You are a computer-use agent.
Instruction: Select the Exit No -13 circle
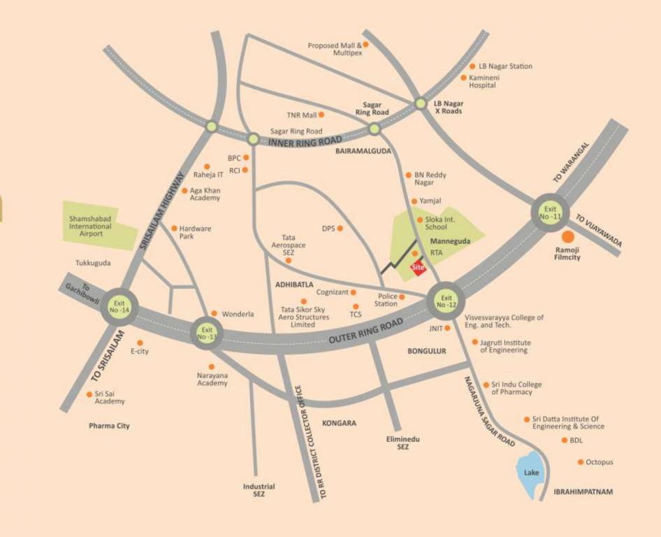(x=207, y=333)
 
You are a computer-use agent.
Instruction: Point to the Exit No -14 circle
(x=120, y=308)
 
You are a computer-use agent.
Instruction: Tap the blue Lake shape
(x=532, y=475)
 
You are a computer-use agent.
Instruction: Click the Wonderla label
(x=238, y=315)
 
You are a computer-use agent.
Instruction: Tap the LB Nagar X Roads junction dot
(x=421, y=103)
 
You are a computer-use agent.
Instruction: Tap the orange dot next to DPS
(x=341, y=228)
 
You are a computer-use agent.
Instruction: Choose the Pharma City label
(x=109, y=426)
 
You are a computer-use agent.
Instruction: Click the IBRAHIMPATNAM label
(x=583, y=492)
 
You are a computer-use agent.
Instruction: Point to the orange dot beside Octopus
(x=580, y=462)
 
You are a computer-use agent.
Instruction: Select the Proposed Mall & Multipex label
(x=335, y=49)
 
